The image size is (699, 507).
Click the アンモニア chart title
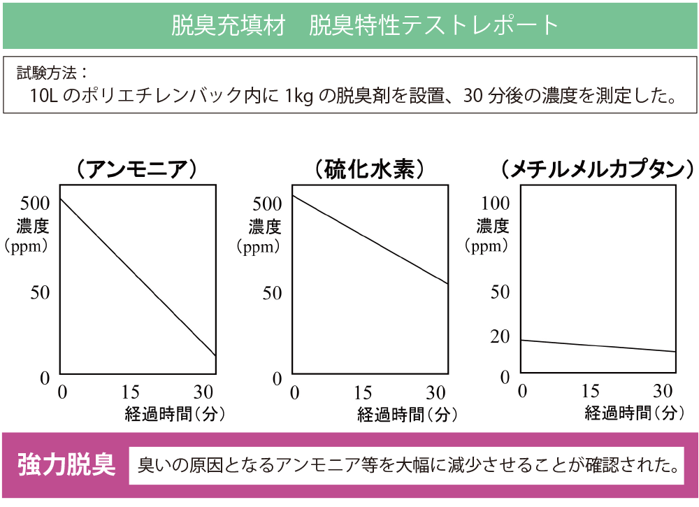pyautogui.click(x=136, y=170)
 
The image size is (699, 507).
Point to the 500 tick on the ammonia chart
pyautogui.click(x=35, y=203)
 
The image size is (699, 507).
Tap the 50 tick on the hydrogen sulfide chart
pyautogui.click(x=272, y=293)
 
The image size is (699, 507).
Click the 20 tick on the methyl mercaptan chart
pyautogui.click(x=500, y=336)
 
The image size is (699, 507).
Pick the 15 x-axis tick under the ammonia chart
pyautogui.click(x=131, y=392)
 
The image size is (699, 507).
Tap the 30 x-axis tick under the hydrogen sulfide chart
pyautogui.click(x=436, y=393)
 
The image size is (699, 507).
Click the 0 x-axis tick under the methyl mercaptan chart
pyautogui.click(x=522, y=392)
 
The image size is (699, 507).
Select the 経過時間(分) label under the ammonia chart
pyautogui.click(x=174, y=413)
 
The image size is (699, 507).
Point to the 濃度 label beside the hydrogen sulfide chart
pyautogui.click(x=265, y=227)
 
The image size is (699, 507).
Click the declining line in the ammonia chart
pyautogui.click(x=137, y=278)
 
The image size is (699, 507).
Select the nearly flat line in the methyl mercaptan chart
pyautogui.click(x=598, y=346)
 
